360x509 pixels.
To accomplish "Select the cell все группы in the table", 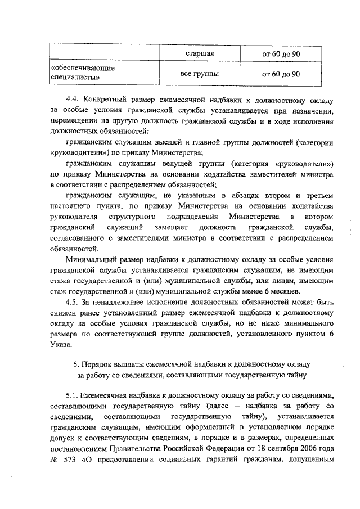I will coord(199,74).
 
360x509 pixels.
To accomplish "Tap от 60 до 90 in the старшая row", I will coord(281,54).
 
